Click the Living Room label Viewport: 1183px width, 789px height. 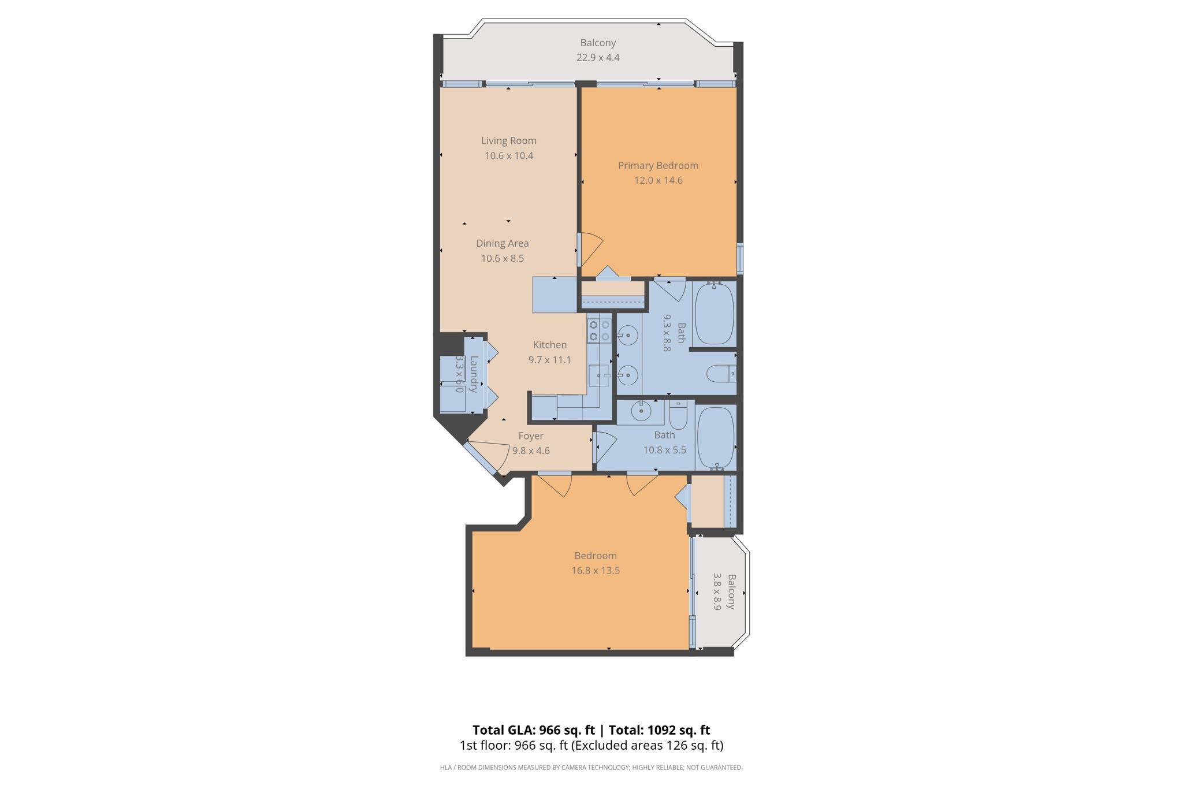(x=508, y=140)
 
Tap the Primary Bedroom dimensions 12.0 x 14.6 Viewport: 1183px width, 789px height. (x=658, y=180)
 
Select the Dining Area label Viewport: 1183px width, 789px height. (x=502, y=243)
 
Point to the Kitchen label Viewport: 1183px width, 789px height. (x=549, y=345)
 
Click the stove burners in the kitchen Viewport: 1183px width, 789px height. (x=599, y=330)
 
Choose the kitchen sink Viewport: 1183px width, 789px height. (x=600, y=375)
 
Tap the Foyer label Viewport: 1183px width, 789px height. (x=530, y=436)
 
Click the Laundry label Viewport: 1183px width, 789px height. (x=474, y=374)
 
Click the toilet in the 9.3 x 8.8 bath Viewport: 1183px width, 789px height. (x=721, y=374)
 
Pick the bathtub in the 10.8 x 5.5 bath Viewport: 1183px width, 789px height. (x=716, y=437)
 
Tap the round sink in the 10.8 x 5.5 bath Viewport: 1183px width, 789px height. (x=640, y=411)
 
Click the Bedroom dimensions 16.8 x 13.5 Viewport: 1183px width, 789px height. (x=595, y=571)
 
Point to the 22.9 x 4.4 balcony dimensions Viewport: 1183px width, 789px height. (x=598, y=58)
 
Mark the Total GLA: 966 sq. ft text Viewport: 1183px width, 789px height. (x=533, y=730)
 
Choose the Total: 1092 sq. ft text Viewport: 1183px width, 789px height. (x=659, y=730)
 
